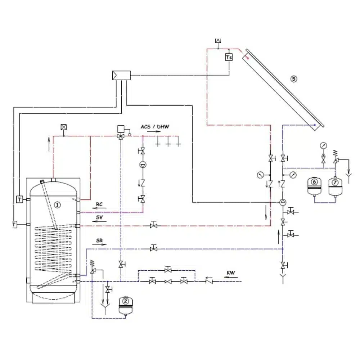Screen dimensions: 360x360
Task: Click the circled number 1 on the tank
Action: [x=57, y=204]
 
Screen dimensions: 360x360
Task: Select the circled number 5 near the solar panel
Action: [x=294, y=79]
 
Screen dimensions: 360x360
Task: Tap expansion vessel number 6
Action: [x=315, y=183]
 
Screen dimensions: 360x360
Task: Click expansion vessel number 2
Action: [x=126, y=301]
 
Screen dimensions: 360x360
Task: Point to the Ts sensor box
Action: [x=229, y=57]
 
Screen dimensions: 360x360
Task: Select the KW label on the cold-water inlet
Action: [x=231, y=273]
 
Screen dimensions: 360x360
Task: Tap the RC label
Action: [x=99, y=204]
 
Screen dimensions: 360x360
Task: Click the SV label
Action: [x=99, y=217]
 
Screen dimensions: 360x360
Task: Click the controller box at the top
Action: [x=121, y=76]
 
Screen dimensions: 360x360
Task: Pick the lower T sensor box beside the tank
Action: [x=14, y=224]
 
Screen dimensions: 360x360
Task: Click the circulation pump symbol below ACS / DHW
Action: [x=143, y=165]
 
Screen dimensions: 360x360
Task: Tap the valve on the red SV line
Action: [x=154, y=226]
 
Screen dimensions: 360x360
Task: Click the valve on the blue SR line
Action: [x=154, y=248]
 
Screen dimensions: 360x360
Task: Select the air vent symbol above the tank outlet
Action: [x=64, y=127]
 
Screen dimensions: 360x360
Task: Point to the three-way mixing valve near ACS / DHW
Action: [x=121, y=136]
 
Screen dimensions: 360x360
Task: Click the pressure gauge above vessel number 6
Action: [x=323, y=145]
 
